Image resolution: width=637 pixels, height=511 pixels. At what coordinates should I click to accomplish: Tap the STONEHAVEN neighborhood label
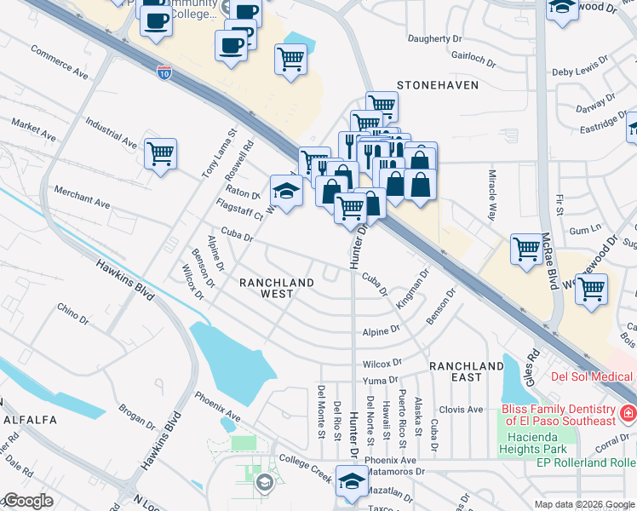(x=438, y=86)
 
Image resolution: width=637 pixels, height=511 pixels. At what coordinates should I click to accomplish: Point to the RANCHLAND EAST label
(x=467, y=371)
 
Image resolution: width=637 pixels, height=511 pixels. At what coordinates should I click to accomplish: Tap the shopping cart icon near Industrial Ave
(x=160, y=154)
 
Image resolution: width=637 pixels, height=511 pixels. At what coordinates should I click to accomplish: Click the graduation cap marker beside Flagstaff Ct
(x=287, y=192)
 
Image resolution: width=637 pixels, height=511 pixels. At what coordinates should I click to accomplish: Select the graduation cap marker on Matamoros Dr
(x=350, y=480)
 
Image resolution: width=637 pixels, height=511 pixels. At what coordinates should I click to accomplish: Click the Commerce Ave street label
(x=60, y=63)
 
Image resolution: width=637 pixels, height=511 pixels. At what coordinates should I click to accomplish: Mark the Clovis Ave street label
(x=462, y=410)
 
